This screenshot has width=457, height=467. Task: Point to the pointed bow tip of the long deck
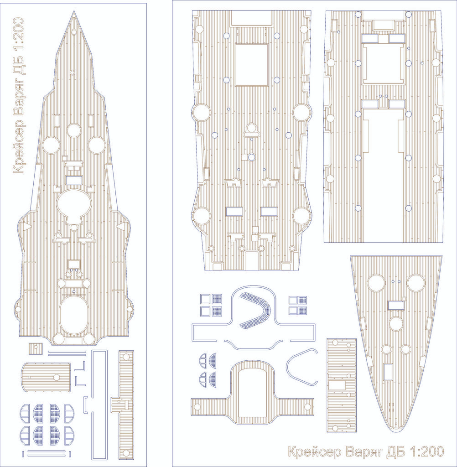tap(74, 11)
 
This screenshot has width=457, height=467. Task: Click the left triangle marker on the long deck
tap(27, 226)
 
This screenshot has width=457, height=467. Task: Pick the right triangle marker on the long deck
tap(120, 226)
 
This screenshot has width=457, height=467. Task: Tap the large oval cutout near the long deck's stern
tap(74, 315)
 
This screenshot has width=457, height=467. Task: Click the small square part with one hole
tap(36, 348)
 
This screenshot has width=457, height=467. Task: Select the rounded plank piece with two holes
tap(46, 377)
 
